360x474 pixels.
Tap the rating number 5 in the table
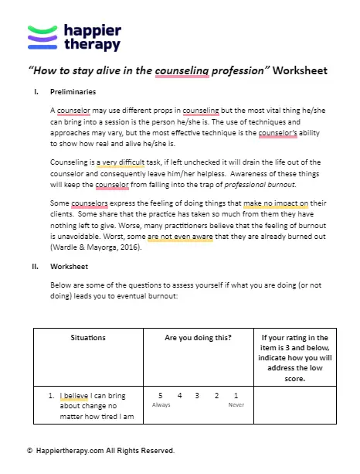click(160, 395)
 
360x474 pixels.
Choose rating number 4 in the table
click(178, 395)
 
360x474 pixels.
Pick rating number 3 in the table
click(198, 395)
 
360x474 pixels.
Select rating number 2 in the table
click(216, 395)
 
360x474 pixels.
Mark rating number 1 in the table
click(236, 395)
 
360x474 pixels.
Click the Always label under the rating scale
click(161, 404)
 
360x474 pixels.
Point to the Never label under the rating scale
click(236, 404)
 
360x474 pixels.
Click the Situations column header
click(87, 338)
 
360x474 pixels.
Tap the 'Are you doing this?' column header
click(198, 338)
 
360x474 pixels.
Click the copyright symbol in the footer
click(29, 450)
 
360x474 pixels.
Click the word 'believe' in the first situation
click(80, 395)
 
